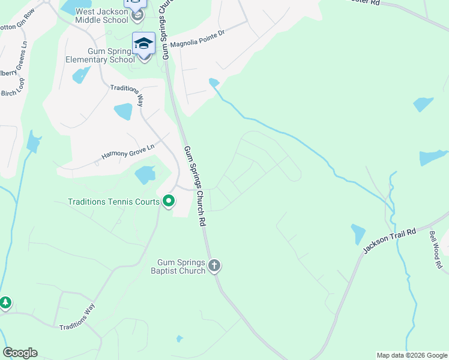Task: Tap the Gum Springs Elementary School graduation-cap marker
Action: pyautogui.click(x=143, y=44)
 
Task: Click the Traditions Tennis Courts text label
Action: pyautogui.click(x=113, y=202)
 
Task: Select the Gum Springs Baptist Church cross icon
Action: pyautogui.click(x=215, y=265)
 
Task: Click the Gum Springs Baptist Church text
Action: pyautogui.click(x=181, y=266)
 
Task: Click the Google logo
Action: pyautogui.click(x=20, y=353)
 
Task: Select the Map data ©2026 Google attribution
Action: pyautogui.click(x=412, y=355)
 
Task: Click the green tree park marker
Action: pyautogui.click(x=5, y=302)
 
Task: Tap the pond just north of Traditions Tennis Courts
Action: pyautogui.click(x=145, y=175)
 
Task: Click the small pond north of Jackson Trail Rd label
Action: pyautogui.click(x=358, y=233)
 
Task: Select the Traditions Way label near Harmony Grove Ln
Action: pyautogui.click(x=127, y=95)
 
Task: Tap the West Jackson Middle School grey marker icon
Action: pyautogui.click(x=135, y=14)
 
